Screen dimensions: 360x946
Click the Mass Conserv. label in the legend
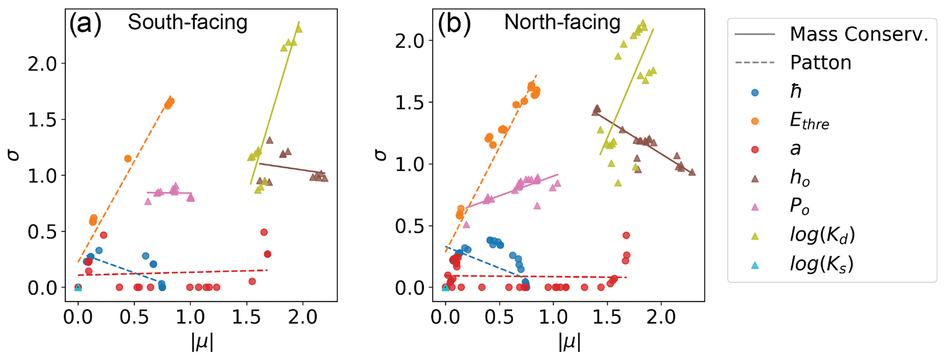coord(859,34)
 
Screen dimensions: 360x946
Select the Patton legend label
coord(820,63)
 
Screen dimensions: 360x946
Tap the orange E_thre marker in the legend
coord(755,121)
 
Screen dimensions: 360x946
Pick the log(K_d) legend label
coord(822,235)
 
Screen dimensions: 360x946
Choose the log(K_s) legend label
coord(822,264)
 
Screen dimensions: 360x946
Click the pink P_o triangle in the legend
coord(755,207)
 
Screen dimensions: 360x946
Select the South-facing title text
coord(188,22)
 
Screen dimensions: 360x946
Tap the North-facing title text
coord(562,22)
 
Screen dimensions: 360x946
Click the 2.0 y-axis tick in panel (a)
coord(42,64)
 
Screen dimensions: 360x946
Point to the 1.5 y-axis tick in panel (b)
coord(410,102)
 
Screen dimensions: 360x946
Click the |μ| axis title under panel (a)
coord(202,342)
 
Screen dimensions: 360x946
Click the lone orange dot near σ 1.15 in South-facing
coord(128,159)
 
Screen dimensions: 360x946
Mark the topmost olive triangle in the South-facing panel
coord(299,29)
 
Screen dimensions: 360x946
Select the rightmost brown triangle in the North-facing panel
coord(692,172)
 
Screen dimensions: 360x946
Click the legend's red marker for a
coord(755,150)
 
